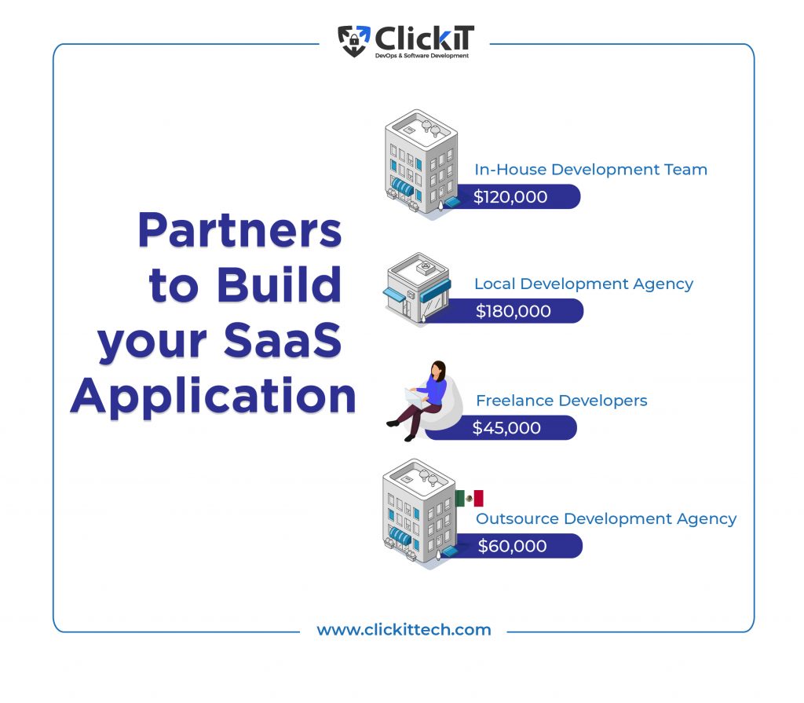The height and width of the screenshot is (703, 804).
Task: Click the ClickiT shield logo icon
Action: [354, 41]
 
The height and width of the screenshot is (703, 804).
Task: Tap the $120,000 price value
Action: [510, 197]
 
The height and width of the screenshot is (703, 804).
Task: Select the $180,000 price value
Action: [513, 311]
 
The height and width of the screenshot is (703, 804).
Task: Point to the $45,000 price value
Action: [506, 428]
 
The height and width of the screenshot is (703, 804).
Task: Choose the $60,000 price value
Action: [512, 546]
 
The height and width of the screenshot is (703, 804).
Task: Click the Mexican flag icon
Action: [470, 498]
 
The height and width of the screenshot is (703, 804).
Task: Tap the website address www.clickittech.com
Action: [404, 630]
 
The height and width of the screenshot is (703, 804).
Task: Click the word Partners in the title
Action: [239, 230]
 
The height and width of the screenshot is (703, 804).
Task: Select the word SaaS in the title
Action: [283, 339]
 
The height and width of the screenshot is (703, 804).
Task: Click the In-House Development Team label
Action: [590, 170]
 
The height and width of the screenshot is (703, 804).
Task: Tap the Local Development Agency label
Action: [583, 284]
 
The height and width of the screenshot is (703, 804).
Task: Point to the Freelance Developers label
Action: [561, 401]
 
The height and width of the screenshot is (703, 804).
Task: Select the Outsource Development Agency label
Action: [606, 518]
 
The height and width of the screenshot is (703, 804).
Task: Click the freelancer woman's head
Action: [438, 370]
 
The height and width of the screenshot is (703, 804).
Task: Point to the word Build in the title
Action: [279, 284]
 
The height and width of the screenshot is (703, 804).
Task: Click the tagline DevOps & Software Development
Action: [422, 56]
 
